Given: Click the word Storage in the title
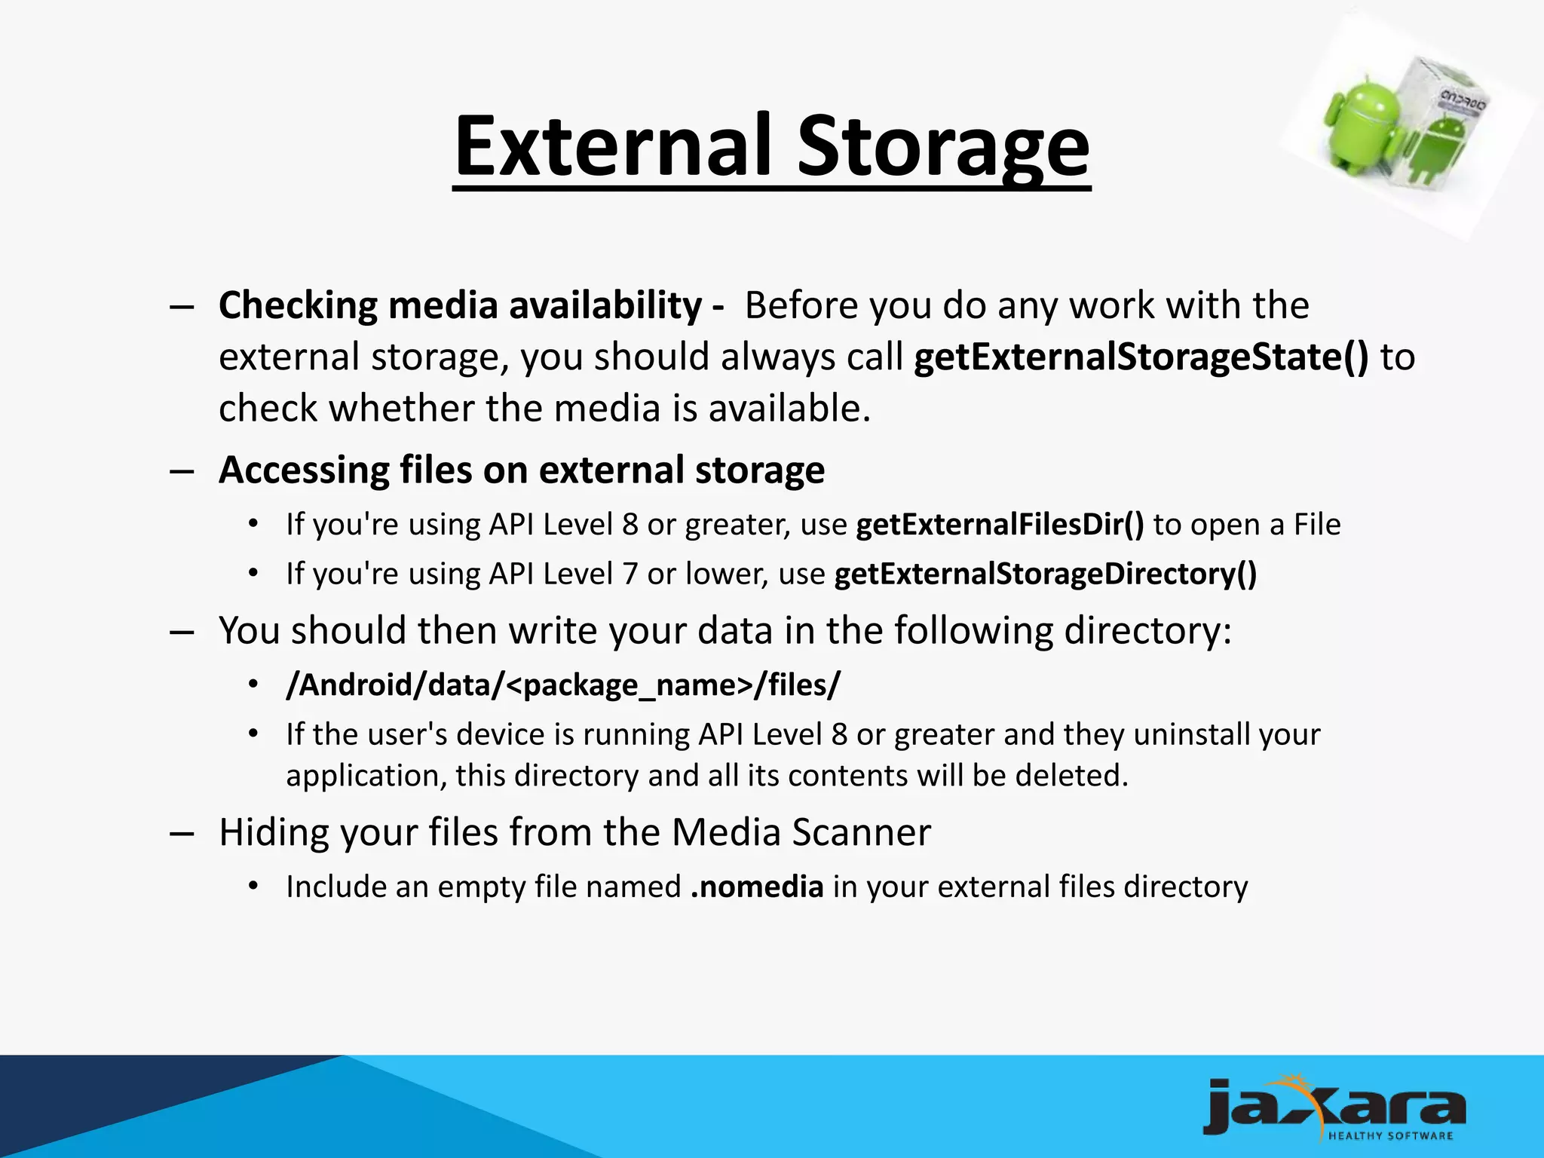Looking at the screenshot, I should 943,146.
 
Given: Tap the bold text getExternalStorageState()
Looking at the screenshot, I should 1141,357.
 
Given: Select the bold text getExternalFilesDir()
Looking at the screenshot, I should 1000,525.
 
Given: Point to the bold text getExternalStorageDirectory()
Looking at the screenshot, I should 1046,574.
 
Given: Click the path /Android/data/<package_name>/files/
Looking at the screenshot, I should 562,685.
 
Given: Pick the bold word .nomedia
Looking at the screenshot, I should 757,887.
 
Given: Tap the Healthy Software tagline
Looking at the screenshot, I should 1390,1136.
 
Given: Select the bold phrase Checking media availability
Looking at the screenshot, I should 460,305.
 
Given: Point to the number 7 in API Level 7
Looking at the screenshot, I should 630,574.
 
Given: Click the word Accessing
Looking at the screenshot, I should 303,470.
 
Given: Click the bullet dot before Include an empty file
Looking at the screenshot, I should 253,887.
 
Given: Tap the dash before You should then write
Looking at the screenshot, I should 182,632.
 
